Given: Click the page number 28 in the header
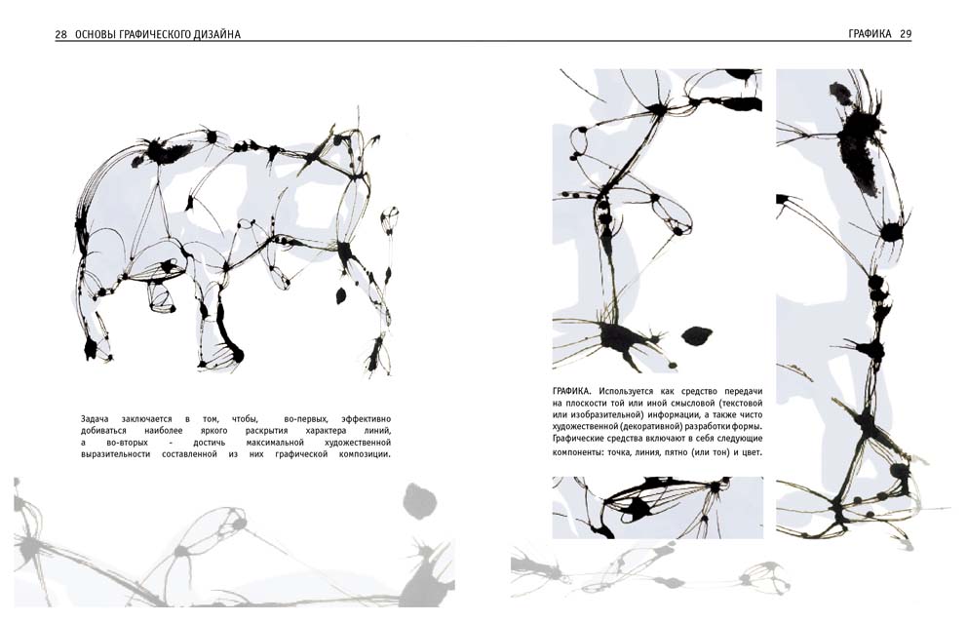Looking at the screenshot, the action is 60,35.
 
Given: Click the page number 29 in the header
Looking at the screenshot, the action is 906,34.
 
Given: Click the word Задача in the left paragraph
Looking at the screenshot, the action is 95,419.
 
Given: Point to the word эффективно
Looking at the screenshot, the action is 366,419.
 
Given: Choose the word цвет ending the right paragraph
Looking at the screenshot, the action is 753,452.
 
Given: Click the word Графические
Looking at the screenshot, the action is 577,438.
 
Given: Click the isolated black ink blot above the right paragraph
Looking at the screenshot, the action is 696,335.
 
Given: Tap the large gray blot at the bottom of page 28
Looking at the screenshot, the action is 420,501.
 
